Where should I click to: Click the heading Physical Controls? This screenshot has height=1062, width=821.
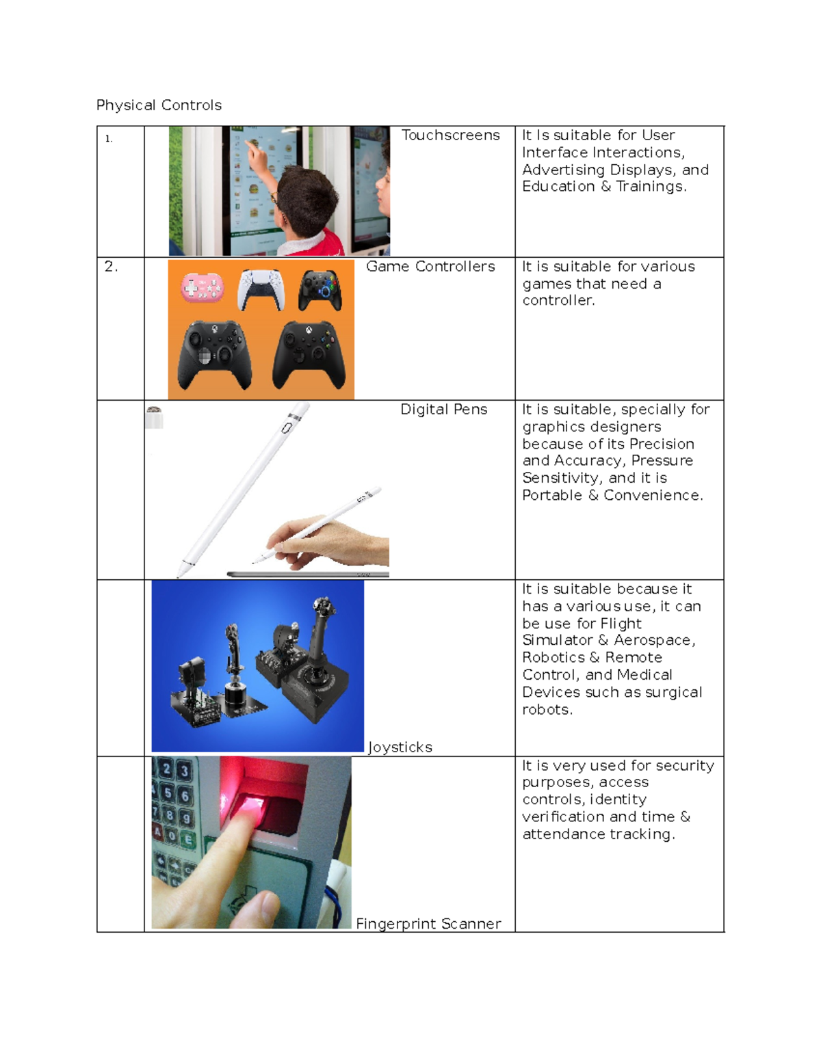[x=159, y=105]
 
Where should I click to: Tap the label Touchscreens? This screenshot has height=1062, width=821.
[x=450, y=135]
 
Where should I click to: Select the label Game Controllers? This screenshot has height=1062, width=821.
[x=430, y=267]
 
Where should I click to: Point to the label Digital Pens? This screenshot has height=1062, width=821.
[x=443, y=409]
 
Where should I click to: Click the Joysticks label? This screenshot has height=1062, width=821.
[x=400, y=747]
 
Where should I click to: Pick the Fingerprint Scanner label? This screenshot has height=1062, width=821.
[x=428, y=924]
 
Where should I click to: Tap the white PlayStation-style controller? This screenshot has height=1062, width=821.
[x=261, y=290]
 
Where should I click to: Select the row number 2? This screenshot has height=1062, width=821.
[x=111, y=267]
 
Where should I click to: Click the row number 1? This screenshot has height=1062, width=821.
[x=109, y=139]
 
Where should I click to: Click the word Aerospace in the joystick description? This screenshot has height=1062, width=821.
[x=654, y=640]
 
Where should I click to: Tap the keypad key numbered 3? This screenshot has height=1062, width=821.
[x=184, y=771]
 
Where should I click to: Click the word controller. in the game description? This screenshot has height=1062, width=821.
[x=558, y=301]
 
